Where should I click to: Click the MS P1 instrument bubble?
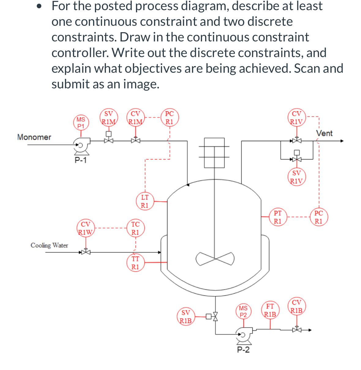coord(81,122)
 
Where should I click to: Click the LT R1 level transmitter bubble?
coord(145,201)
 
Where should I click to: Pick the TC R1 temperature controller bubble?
coord(135,228)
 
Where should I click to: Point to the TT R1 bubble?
coord(135,263)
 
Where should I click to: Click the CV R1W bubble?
coord(85,228)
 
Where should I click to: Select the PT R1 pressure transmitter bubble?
coord(277,217)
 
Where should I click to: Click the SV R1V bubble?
coord(296,177)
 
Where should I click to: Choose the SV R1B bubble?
coord(186,317)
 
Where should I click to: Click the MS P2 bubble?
coord(243,311)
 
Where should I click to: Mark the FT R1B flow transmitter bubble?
coord(270,310)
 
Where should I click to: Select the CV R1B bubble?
coord(296,306)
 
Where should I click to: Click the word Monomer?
coord(34,137)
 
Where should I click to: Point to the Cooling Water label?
coord(49,245)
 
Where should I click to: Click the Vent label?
coord(324,133)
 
